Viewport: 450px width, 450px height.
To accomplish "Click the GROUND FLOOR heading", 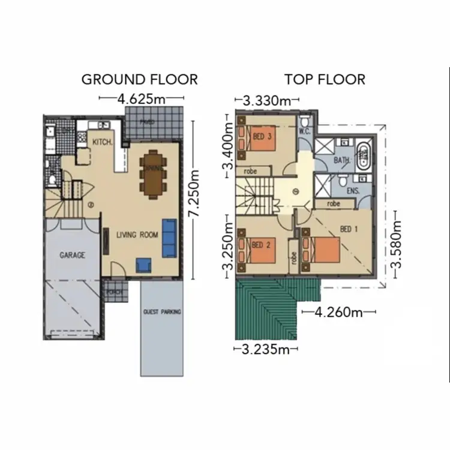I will (x=139, y=79).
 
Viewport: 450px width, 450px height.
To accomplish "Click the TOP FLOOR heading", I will (x=325, y=79).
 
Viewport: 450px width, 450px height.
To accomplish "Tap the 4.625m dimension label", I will (x=142, y=100).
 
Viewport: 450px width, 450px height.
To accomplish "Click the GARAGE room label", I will (x=71, y=255).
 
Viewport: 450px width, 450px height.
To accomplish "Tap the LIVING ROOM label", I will (x=137, y=235).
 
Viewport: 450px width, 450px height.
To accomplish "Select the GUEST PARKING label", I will (x=161, y=312).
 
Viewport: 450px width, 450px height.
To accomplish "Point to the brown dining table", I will (x=153, y=173).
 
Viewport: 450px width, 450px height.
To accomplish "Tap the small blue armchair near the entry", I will (x=143, y=265).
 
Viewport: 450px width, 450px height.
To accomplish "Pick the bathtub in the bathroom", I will (x=364, y=157).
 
